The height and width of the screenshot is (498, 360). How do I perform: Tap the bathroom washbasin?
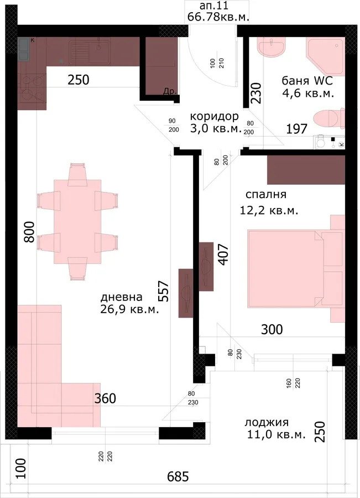[271, 47]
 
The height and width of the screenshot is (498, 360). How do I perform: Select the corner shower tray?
[325, 56]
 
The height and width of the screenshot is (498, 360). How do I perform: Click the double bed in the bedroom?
[296, 269]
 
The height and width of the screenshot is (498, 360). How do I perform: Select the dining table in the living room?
[77, 222]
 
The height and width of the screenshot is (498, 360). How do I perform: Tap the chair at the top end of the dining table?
[77, 174]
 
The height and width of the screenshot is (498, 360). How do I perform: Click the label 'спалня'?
[266, 194]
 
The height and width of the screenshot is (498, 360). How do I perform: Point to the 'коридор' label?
[215, 116]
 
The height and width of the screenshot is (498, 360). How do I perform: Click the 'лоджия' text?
[267, 422]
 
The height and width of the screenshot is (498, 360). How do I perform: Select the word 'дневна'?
[121, 297]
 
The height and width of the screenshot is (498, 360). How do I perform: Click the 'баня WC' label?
[307, 81]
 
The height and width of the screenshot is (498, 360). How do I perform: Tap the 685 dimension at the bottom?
[178, 476]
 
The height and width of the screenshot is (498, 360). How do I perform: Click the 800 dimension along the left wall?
[29, 232]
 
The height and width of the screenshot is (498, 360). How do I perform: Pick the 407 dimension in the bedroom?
[223, 255]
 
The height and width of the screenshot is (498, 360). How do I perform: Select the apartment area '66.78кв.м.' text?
[218, 17]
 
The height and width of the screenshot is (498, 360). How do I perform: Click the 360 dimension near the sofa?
[105, 398]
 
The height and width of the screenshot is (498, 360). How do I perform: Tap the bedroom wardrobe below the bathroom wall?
[306, 170]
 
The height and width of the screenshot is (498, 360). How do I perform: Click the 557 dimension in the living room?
[164, 290]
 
